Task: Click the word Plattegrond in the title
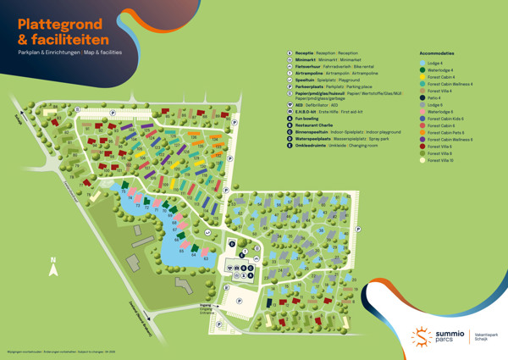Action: click(x=58, y=24)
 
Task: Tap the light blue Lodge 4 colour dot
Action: click(x=422, y=63)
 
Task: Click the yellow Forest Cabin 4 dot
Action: click(x=422, y=77)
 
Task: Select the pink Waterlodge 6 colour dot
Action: click(x=422, y=111)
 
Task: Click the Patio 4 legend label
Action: click(x=434, y=97)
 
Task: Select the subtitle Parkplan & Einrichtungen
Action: click(x=46, y=53)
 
